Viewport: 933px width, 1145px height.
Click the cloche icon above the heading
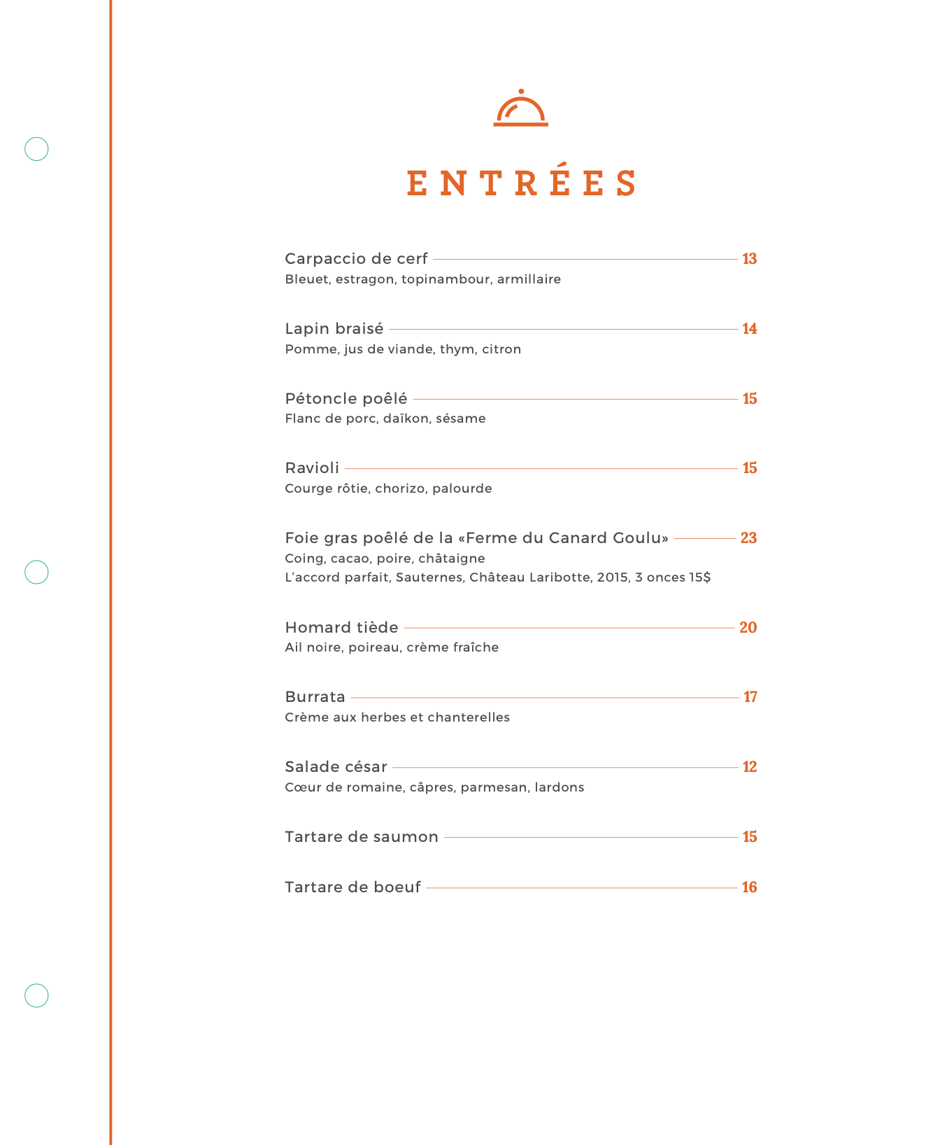pyautogui.click(x=521, y=108)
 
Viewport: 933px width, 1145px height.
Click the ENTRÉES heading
pyautogui.click(x=521, y=183)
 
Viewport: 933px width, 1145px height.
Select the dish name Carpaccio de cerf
pyautogui.click(x=356, y=259)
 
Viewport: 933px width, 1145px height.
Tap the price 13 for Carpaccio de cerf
pyautogui.click(x=750, y=259)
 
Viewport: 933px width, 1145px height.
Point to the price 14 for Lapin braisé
pyautogui.click(x=750, y=329)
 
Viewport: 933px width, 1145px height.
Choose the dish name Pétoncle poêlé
pyautogui.click(x=346, y=399)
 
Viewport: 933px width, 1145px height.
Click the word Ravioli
pyautogui.click(x=312, y=468)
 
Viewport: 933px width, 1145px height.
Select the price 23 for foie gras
pyautogui.click(x=748, y=538)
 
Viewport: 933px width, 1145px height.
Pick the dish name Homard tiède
pyautogui.click(x=341, y=628)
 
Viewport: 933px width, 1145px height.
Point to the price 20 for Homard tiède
pyautogui.click(x=748, y=628)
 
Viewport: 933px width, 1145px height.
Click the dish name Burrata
pyautogui.click(x=315, y=697)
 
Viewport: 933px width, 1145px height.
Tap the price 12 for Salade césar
pyautogui.click(x=750, y=767)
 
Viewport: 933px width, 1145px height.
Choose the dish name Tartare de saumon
pyautogui.click(x=362, y=837)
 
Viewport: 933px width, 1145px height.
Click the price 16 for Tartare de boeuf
pyautogui.click(x=750, y=887)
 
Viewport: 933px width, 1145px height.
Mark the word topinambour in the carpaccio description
pyautogui.click(x=446, y=279)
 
